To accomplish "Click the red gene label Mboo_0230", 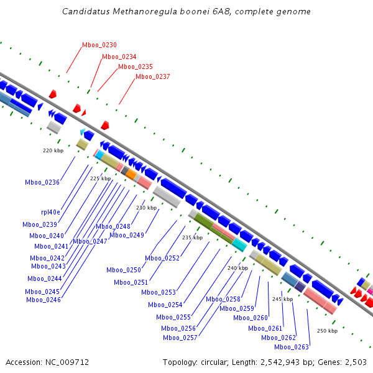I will point(99,45).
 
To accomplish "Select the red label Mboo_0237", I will point(153,76).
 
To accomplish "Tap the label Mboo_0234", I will point(119,57).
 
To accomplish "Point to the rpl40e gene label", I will point(51,212).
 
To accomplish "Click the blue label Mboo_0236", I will point(42,182).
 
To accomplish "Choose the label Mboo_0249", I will point(127,235).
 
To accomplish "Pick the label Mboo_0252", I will point(162,258).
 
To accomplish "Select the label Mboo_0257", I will point(180,338).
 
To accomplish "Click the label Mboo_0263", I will point(292,347).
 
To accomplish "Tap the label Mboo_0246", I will point(44,300).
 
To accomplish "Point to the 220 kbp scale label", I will point(53,150).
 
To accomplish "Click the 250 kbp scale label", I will point(327,331).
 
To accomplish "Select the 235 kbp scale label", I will point(192,237).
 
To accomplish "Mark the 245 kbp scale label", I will point(282,299).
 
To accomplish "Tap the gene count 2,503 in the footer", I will point(354,362).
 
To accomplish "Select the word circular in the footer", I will point(218,362).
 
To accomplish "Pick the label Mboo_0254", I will point(165,305).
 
